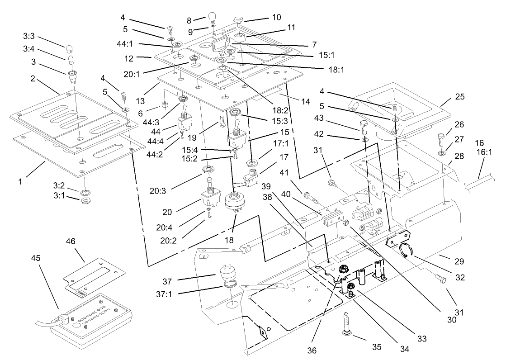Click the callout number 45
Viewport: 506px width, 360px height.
tap(36, 258)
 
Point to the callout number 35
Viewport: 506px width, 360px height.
tap(376, 347)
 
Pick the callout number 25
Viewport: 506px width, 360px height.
tap(460, 97)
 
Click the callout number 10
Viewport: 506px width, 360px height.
tap(276, 17)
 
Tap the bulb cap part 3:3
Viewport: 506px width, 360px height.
tap(69, 48)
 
